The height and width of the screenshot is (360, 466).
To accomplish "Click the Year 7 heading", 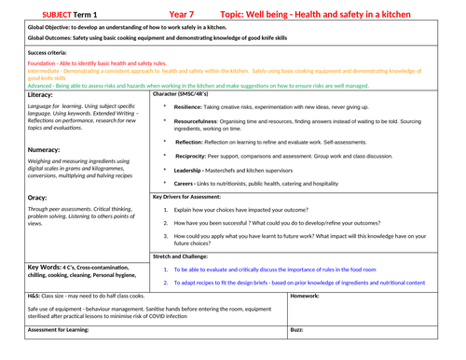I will coord(185,15).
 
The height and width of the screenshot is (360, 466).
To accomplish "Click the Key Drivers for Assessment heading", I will coord(193,198).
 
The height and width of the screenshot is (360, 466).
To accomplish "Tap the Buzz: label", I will coord(296,329).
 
